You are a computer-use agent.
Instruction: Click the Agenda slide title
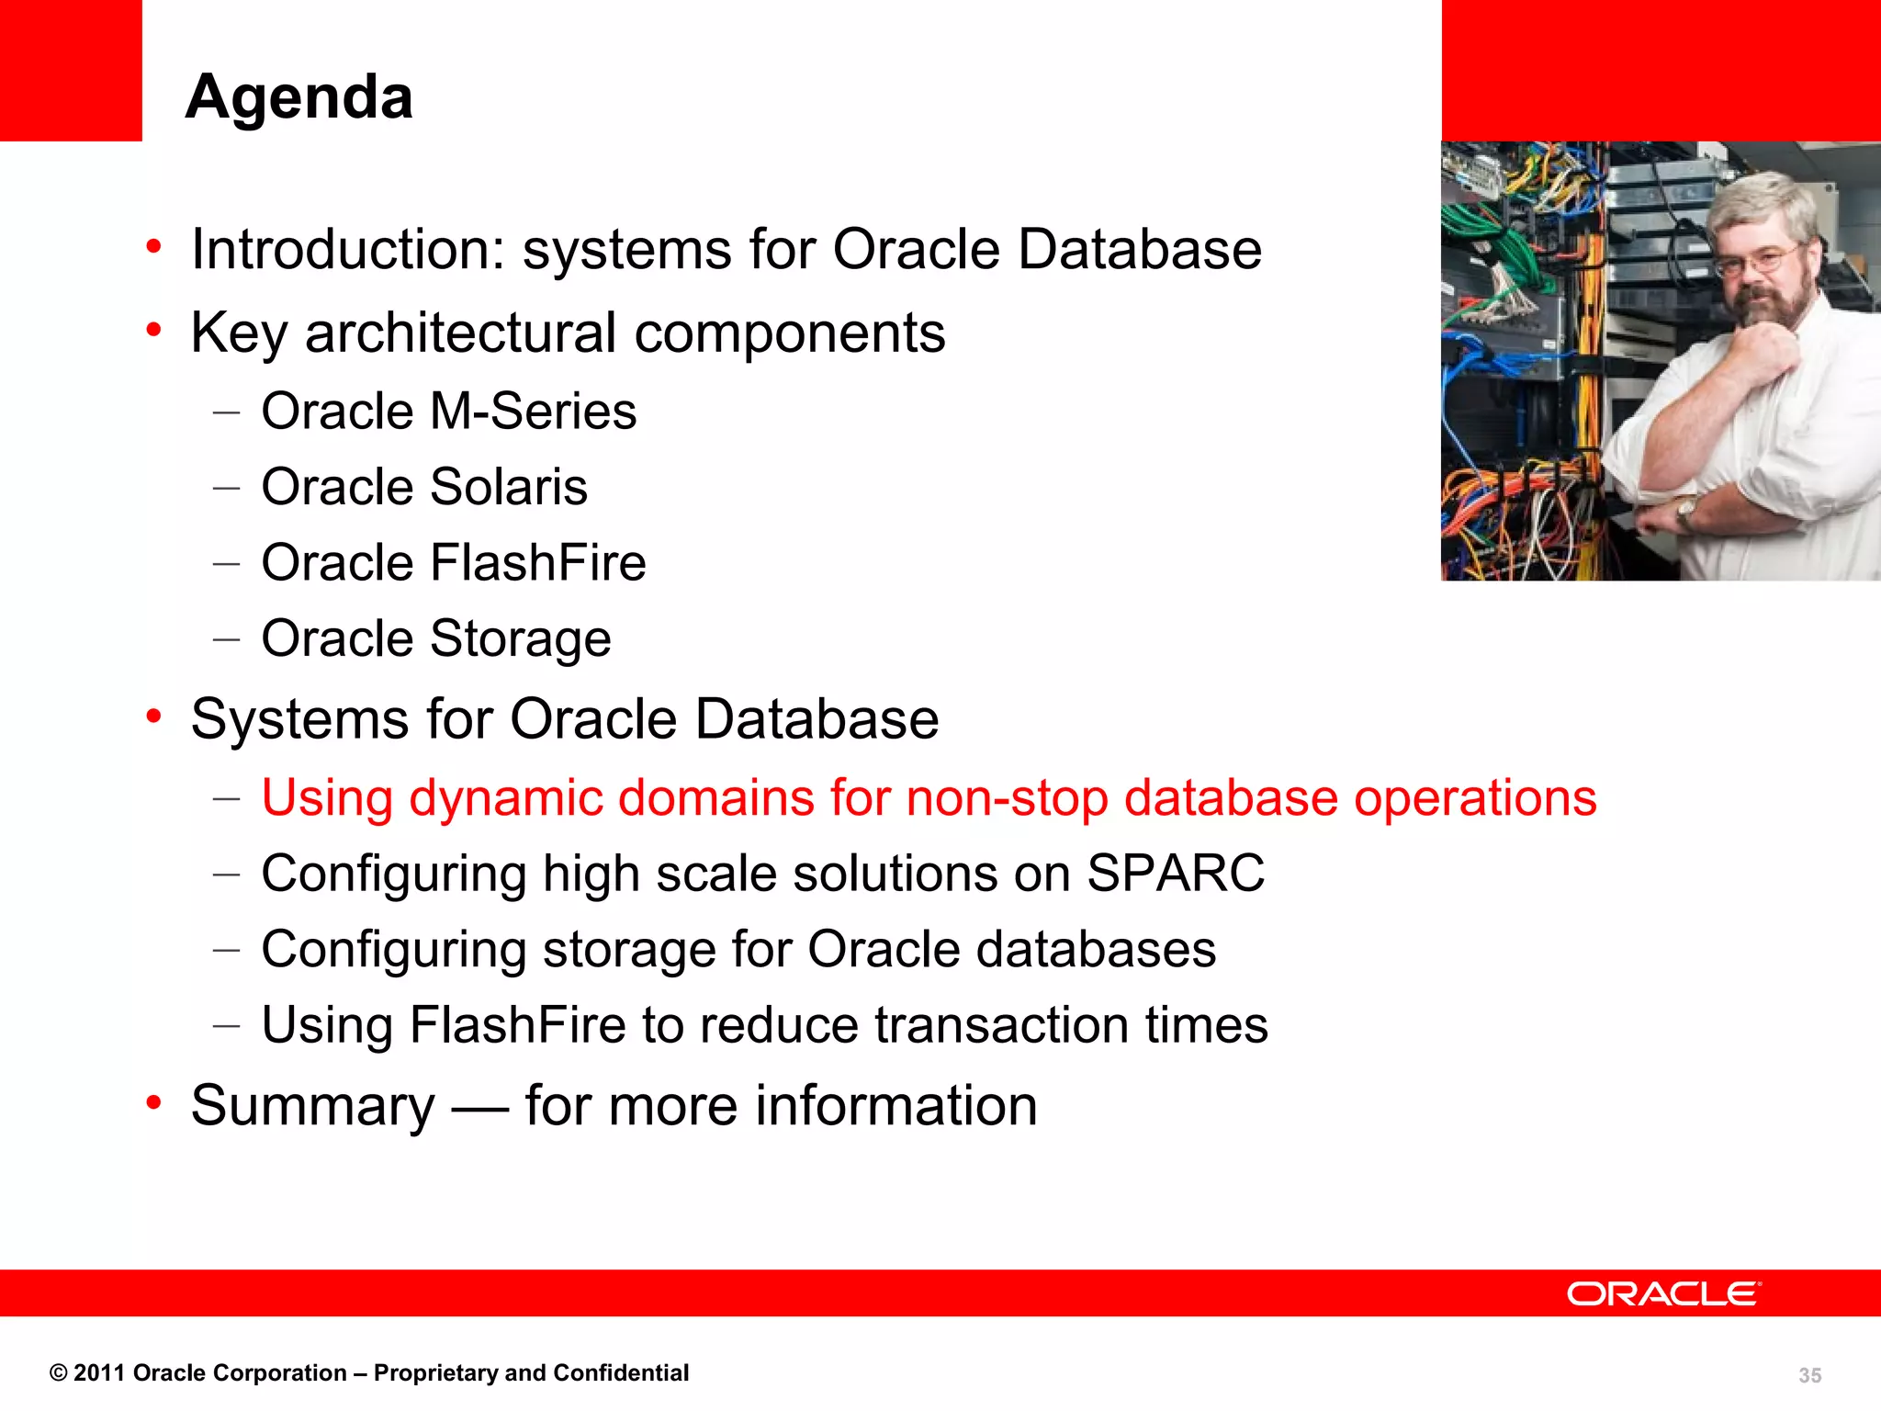[x=298, y=96]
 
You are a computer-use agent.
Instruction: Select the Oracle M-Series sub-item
[x=448, y=411]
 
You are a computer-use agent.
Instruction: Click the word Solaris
[x=508, y=487]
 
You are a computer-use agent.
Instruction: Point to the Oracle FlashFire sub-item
[x=453, y=562]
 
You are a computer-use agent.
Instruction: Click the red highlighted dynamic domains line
[x=928, y=797]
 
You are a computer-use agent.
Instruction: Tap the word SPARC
[x=1175, y=873]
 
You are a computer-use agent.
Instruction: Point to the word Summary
[x=312, y=1105]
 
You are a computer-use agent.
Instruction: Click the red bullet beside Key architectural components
[x=153, y=329]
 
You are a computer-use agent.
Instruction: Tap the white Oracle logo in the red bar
[x=1663, y=1293]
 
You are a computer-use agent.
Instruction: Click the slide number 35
[x=1809, y=1375]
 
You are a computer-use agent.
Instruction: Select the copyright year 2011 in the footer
[x=99, y=1373]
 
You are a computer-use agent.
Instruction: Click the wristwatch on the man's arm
[x=1686, y=510]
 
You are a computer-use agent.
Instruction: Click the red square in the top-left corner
[x=71, y=70]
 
